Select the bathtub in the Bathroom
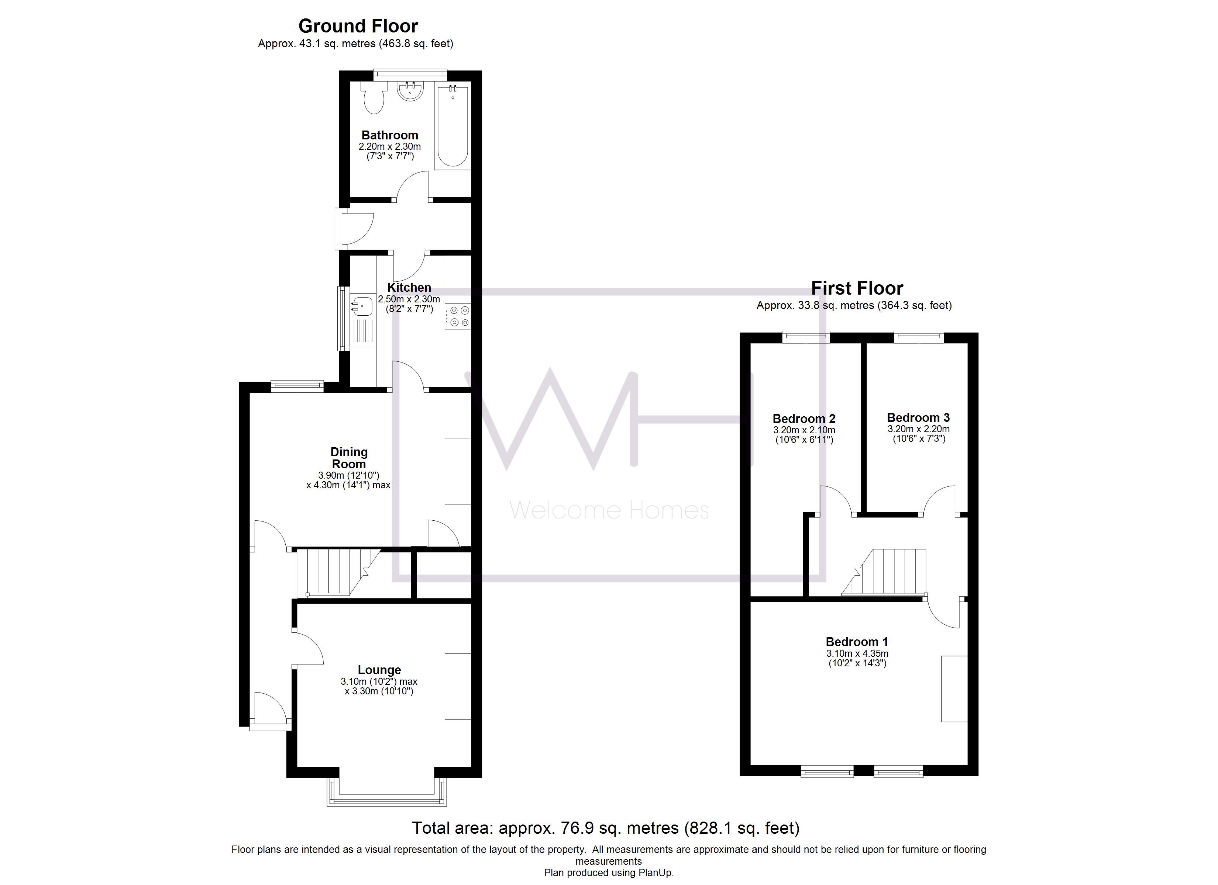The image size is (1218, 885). click(x=453, y=126)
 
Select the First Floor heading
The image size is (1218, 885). click(x=857, y=288)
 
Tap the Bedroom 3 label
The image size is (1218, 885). click(x=918, y=417)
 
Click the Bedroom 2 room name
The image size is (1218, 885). click(x=804, y=419)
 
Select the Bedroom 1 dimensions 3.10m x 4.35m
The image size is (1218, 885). click(x=857, y=654)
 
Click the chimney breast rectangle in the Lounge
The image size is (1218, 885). click(x=458, y=686)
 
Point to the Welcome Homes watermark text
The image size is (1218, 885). click(x=609, y=510)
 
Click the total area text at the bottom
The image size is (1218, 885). click(x=605, y=828)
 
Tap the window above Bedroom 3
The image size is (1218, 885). click(x=918, y=337)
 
